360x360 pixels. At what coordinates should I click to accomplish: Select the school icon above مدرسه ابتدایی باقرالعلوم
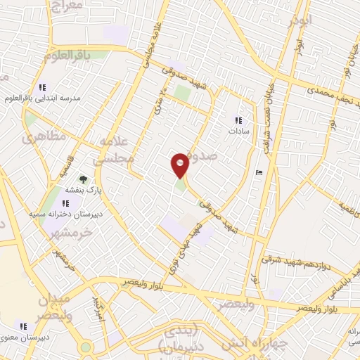click(x=42, y=87)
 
